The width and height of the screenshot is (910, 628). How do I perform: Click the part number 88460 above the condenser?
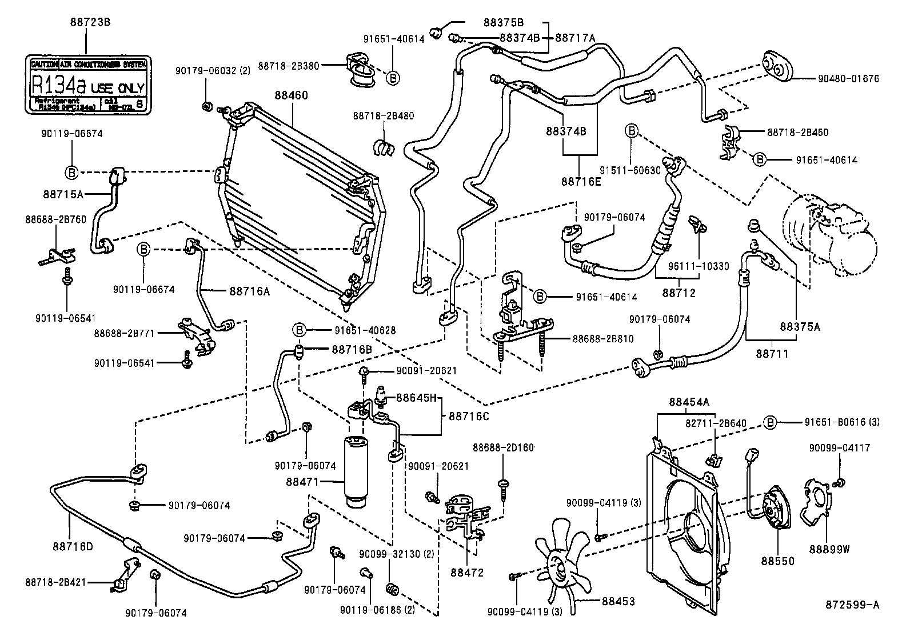pos(290,95)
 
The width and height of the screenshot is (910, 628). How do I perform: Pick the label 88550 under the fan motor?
pos(777,561)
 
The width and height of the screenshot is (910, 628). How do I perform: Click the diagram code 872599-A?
pos(851,604)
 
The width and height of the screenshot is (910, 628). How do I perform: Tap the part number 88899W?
pos(829,549)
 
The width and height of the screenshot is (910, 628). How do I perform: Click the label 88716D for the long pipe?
pos(73,546)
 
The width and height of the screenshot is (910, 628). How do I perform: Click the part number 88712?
pos(679,293)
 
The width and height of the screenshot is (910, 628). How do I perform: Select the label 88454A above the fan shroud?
pos(689,402)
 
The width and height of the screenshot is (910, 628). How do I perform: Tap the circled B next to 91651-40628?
pos(298,330)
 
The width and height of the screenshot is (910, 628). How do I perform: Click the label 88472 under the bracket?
pos(466,572)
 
